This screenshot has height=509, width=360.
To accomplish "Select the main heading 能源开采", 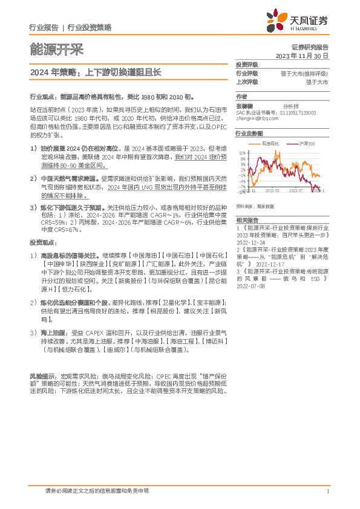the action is point(56,48).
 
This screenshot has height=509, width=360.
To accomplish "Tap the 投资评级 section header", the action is point(246,64).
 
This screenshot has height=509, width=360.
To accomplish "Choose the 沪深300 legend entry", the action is point(307,144).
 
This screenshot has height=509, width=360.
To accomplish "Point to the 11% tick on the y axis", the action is point(242,154).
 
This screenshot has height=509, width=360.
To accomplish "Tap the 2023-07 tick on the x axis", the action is point(294,191).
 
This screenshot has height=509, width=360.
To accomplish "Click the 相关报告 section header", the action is point(246,204).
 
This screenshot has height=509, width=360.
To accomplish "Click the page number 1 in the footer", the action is point(327,491).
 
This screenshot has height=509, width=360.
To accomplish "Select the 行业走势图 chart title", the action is point(249,134).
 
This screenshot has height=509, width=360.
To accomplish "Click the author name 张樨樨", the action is point(244,105).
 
